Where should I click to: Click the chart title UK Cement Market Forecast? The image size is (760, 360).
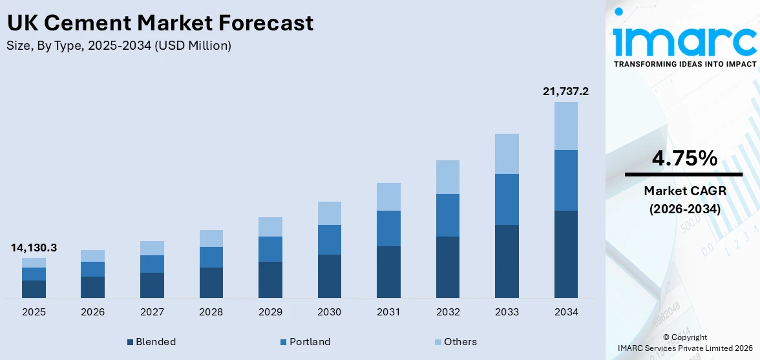160,23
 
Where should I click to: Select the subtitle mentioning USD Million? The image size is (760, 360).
119,45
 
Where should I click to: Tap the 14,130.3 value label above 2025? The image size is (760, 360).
34,248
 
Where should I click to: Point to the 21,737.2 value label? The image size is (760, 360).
565,92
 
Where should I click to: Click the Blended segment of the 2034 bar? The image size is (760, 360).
566,254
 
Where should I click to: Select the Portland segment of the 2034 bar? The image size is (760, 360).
566,180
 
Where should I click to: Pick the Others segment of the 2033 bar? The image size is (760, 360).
507,154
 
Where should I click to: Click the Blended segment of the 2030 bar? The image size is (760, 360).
329,276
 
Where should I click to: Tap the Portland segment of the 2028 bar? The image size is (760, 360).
211,257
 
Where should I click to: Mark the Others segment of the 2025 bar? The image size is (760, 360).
34,262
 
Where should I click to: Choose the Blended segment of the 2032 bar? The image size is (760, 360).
448,267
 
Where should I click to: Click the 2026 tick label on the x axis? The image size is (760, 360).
92,312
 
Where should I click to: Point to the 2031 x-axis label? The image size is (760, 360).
388,312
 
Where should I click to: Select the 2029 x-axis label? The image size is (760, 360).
270,312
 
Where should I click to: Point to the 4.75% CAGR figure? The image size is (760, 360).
683,158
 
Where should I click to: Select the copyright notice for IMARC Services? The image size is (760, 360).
684,343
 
